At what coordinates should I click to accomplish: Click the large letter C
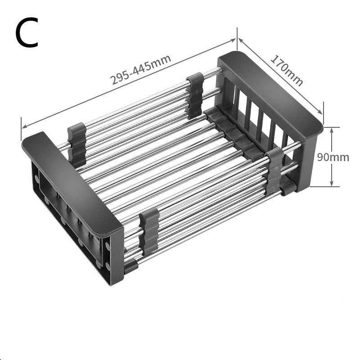click(27, 34)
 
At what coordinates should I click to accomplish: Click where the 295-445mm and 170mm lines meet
click(237, 39)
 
